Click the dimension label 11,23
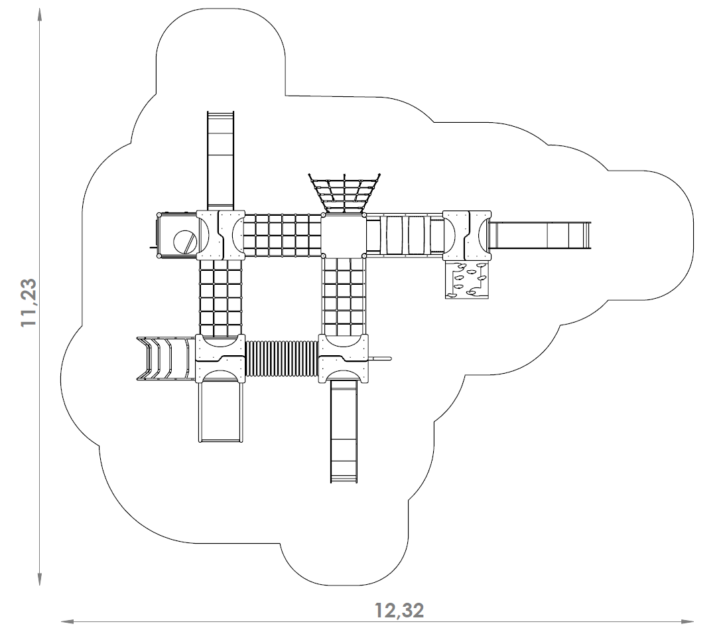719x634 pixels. (28, 302)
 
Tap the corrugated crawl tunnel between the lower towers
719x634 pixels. (282, 358)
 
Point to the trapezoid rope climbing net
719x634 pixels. (344, 193)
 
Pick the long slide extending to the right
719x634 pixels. (541, 234)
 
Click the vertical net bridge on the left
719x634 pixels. (222, 295)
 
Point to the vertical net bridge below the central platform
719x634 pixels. (344, 295)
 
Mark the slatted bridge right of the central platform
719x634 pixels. (405, 234)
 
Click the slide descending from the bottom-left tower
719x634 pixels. (220, 408)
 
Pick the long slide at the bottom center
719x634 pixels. (344, 432)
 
